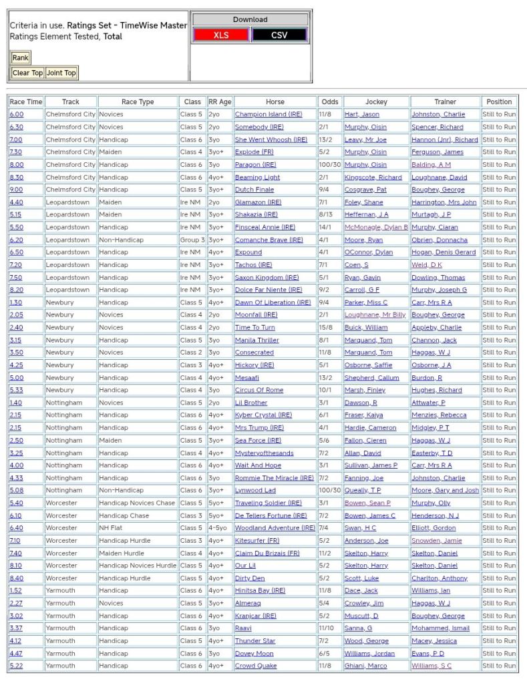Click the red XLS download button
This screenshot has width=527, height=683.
click(221, 35)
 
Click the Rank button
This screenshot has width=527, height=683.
click(21, 58)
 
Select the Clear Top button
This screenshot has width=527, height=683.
click(27, 73)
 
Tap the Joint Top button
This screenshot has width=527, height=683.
click(61, 73)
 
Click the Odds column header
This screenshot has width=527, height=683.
click(329, 102)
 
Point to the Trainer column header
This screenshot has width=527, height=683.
click(446, 102)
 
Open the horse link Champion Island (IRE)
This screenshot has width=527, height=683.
click(269, 114)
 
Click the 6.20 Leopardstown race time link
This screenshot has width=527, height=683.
click(16, 240)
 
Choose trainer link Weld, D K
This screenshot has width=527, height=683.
click(426, 265)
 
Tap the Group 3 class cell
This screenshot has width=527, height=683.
click(192, 240)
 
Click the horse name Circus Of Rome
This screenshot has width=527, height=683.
click(259, 390)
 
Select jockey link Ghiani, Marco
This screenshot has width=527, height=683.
click(366, 666)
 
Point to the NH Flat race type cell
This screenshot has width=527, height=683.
click(112, 528)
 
